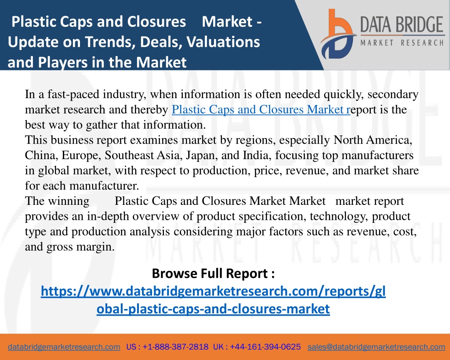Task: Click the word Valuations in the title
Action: (x=223, y=42)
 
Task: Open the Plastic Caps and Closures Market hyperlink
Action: (x=261, y=109)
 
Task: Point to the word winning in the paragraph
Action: (x=69, y=201)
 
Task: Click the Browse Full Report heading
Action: (x=213, y=273)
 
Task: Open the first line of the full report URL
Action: (x=213, y=291)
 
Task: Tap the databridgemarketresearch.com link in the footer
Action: (x=64, y=347)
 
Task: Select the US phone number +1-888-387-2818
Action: (x=175, y=347)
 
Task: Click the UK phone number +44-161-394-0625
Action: (x=265, y=347)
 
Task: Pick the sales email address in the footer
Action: (x=376, y=347)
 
